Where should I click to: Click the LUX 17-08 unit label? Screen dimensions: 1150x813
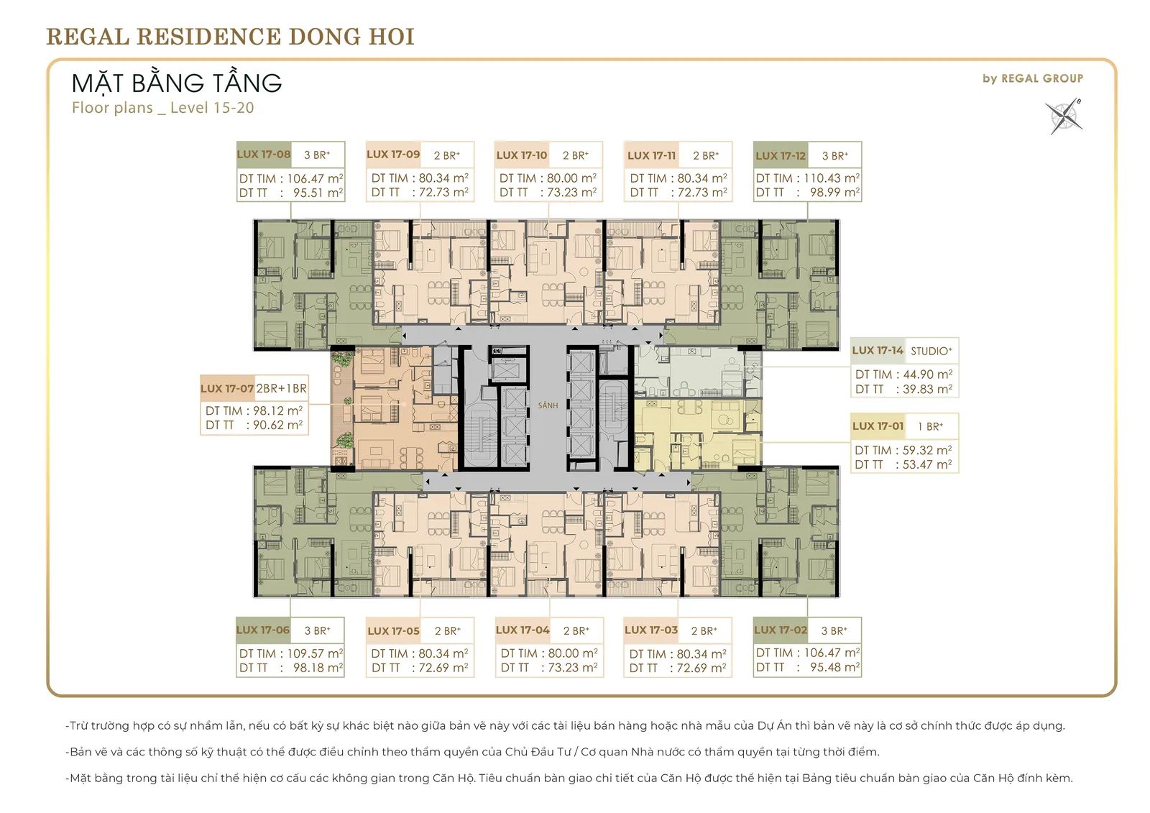(x=264, y=154)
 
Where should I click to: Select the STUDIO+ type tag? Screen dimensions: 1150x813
(x=931, y=352)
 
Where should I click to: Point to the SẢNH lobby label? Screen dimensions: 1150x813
(x=548, y=405)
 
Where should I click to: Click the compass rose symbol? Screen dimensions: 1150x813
(x=1064, y=116)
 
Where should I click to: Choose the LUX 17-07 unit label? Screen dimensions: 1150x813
(x=227, y=388)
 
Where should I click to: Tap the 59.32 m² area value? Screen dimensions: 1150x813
(x=927, y=451)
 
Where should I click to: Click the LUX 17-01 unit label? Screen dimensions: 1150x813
(x=878, y=426)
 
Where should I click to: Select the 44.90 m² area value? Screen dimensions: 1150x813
(x=928, y=375)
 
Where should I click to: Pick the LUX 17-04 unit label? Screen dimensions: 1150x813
(x=523, y=630)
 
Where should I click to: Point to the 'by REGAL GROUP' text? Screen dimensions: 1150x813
(x=1033, y=78)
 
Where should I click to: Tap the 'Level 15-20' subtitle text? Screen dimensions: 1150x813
(x=212, y=108)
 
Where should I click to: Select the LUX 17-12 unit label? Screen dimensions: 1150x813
(x=781, y=155)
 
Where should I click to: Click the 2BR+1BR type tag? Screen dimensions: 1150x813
(x=282, y=388)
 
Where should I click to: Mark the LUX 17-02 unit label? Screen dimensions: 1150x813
(x=781, y=630)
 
